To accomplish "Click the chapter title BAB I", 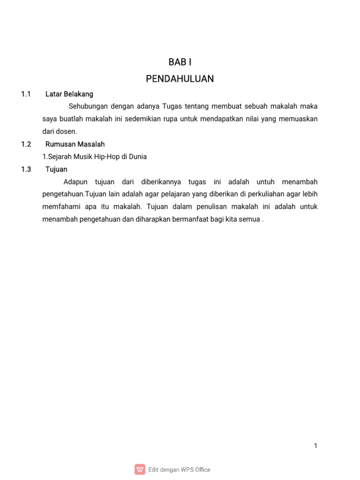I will tap(180, 62).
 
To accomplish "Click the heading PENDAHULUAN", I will tap(180, 79).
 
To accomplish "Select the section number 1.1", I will tap(26, 94).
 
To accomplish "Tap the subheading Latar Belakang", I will tap(69, 94).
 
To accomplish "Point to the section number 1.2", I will tap(26, 144).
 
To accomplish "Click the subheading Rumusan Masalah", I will tap(75, 144).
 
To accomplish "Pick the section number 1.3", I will tap(26, 169).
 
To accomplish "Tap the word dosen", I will tap(66, 132).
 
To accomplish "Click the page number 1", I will tap(316, 446).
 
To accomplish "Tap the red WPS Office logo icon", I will tap(140, 469).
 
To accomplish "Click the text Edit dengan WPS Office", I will tap(179, 469).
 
